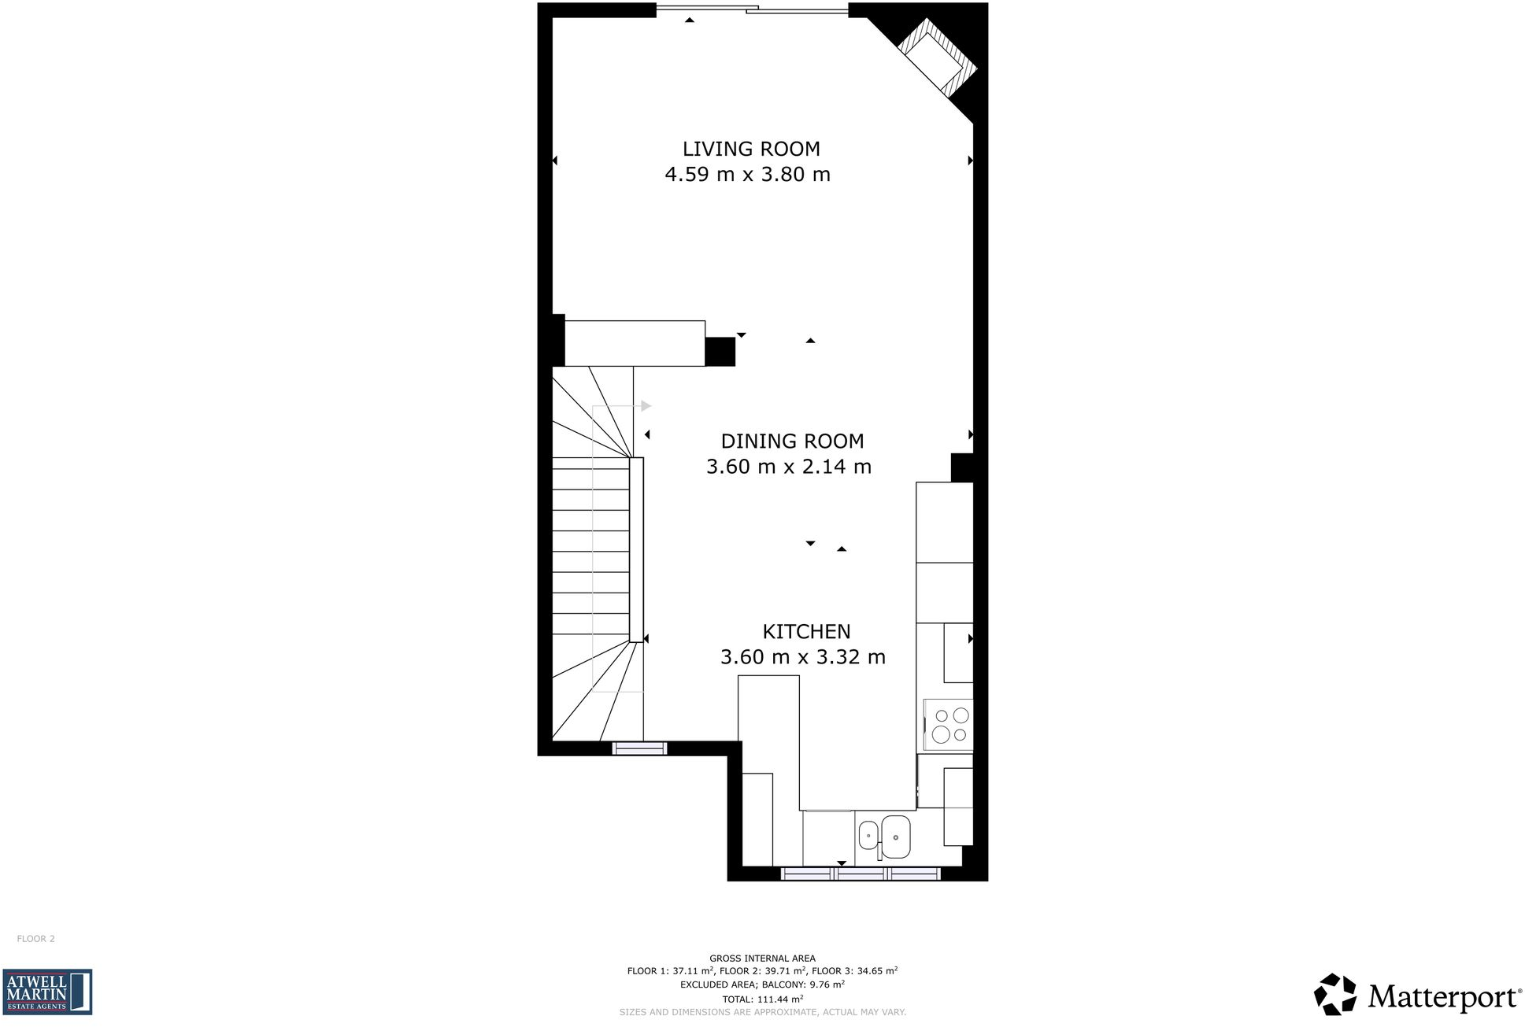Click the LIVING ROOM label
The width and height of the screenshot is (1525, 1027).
[750, 149]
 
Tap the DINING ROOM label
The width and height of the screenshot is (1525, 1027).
[792, 441]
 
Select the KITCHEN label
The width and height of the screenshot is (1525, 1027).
[806, 631]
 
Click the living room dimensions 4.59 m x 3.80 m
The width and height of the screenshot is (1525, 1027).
[747, 174]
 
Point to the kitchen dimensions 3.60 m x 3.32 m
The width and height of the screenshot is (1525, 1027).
[802, 656]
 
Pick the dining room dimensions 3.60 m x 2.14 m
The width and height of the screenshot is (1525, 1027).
[788, 467]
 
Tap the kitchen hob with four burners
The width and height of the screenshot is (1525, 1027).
[949, 725]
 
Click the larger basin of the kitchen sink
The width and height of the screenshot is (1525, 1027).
[896, 837]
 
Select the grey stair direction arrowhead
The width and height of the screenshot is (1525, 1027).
[646, 406]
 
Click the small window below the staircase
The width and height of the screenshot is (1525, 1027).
[639, 748]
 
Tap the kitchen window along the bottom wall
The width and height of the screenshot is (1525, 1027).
[860, 874]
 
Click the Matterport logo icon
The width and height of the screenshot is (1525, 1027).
[1334, 995]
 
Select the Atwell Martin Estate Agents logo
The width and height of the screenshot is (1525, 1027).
[47, 992]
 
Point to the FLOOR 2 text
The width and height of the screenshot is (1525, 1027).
[36, 939]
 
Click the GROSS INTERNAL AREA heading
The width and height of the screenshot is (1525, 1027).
[762, 959]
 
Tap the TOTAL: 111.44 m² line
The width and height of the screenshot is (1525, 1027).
[762, 999]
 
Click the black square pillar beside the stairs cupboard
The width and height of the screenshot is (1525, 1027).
[720, 351]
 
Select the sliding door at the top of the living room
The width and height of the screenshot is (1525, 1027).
[752, 10]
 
